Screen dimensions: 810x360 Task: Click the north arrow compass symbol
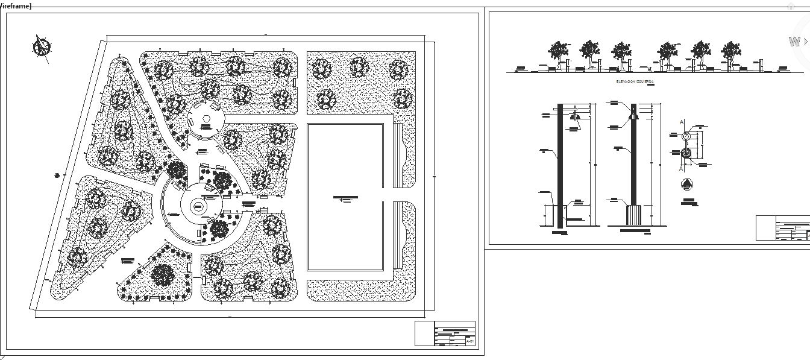pos(42,47)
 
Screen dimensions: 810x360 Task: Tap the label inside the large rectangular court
pos(345,198)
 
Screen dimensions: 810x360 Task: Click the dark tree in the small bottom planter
pos(162,276)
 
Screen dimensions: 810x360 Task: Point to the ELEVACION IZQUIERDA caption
pos(635,80)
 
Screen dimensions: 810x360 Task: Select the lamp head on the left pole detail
pos(575,116)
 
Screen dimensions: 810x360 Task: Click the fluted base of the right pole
pos(634,215)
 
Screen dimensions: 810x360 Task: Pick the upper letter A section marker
pos(682,122)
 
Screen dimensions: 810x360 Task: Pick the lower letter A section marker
pos(682,169)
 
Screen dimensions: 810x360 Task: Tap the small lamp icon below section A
pos(689,185)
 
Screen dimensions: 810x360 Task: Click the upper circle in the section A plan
pos(685,137)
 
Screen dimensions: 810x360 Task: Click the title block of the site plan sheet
pos(445,333)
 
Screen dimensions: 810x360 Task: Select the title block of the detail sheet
pos(783,228)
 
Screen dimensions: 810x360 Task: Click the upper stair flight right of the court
pos(397,156)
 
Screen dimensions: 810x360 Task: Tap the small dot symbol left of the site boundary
pos(57,175)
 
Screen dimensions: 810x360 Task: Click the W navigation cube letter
pos(794,42)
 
